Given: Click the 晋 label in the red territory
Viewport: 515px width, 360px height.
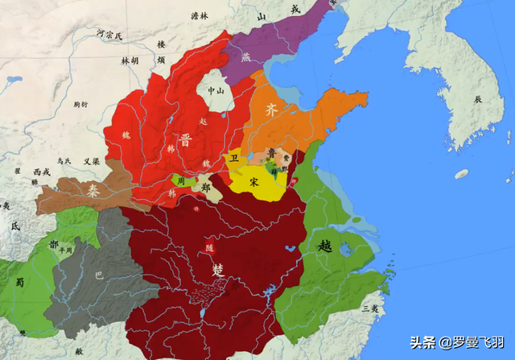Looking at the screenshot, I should point(186,138).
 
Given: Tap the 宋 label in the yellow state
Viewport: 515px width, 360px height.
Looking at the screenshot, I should point(254,183).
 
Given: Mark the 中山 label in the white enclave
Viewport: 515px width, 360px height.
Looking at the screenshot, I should point(215,91).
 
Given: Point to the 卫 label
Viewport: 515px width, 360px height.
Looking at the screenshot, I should point(234,159).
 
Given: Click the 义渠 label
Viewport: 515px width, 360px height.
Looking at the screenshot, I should point(91,161).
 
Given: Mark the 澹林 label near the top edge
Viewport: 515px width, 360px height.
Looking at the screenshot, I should point(199,15).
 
